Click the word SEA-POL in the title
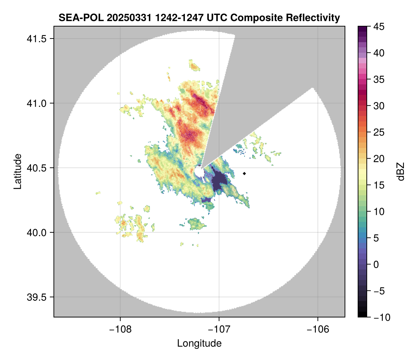(x=76, y=17)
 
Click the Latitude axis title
(x=17, y=171)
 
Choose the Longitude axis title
(x=199, y=343)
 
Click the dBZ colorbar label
(x=401, y=172)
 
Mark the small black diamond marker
(x=245, y=173)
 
